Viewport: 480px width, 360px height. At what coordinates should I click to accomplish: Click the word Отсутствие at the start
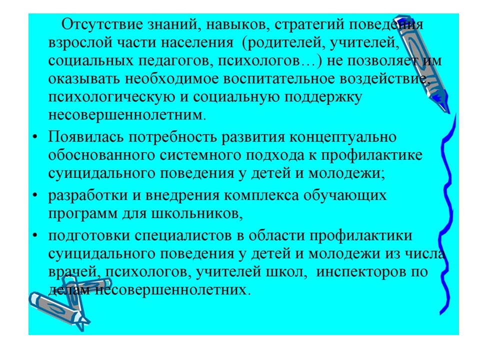pos(102,24)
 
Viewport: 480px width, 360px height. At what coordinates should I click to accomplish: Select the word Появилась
pos(86,137)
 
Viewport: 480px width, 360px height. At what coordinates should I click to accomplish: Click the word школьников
pos(197,213)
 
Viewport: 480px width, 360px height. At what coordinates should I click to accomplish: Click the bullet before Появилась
pos(35,136)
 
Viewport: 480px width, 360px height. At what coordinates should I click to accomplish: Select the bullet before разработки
pos(35,195)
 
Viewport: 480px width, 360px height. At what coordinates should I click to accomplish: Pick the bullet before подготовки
pos(35,235)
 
